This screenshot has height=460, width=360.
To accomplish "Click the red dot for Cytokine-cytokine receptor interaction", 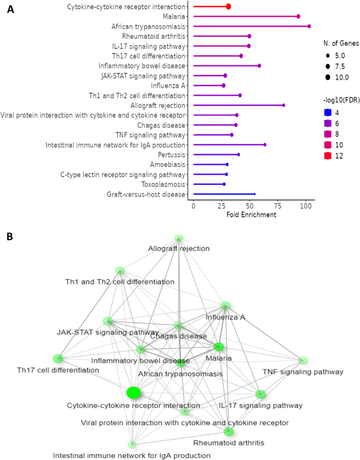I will tap(229, 6).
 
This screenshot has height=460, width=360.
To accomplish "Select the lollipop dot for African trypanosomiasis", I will tap(309, 26).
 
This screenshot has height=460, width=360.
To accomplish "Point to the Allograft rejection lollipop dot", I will tap(284, 105).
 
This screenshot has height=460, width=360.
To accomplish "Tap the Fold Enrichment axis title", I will tap(251, 215).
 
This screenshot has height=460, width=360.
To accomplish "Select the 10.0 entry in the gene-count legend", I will tap(341, 78).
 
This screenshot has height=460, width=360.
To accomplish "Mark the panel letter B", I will tap(10, 237).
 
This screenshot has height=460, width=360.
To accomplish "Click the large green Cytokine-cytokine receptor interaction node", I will tap(133, 392).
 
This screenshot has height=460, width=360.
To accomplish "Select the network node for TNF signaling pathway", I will tap(303, 360).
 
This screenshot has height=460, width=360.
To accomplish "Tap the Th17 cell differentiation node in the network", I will tap(58, 359).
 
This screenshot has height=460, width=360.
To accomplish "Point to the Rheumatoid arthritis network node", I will tap(229, 432).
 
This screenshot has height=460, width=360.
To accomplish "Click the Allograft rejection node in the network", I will tap(179, 238).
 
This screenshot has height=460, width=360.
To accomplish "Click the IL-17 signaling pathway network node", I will tap(261, 394).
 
